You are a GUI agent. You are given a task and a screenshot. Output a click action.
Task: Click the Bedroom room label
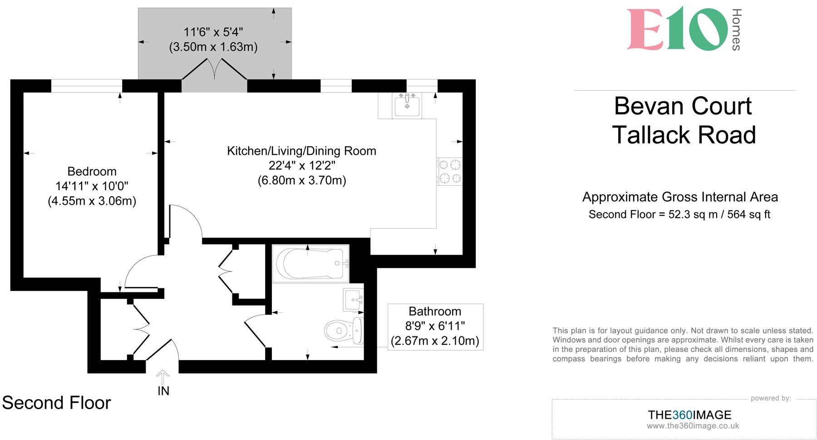pyautogui.click(x=92, y=172)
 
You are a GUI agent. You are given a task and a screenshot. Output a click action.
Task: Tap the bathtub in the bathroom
pyautogui.click(x=310, y=264)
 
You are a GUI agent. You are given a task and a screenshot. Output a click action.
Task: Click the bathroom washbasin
pyautogui.click(x=354, y=300)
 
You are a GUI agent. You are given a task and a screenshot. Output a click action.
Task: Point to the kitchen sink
pyautogui.click(x=407, y=105)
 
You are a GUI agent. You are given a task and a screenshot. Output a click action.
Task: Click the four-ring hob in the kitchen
pyautogui.click(x=449, y=172)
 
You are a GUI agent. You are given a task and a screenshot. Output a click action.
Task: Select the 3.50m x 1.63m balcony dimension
pyautogui.click(x=213, y=47)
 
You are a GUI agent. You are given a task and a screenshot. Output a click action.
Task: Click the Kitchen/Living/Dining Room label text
pyautogui.click(x=301, y=151)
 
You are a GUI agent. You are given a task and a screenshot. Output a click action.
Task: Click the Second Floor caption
pyautogui.click(x=56, y=403)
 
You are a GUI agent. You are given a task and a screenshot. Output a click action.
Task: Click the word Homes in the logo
pyautogui.click(x=736, y=30)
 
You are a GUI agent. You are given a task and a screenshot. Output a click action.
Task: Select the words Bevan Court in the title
pyautogui.click(x=683, y=106)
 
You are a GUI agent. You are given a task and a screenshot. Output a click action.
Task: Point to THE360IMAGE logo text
pyautogui.click(x=689, y=415)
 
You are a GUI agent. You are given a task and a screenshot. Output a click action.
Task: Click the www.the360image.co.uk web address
pyautogui.click(x=693, y=426)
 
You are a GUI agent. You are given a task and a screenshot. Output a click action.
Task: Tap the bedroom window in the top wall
pyautogui.click(x=87, y=85)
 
